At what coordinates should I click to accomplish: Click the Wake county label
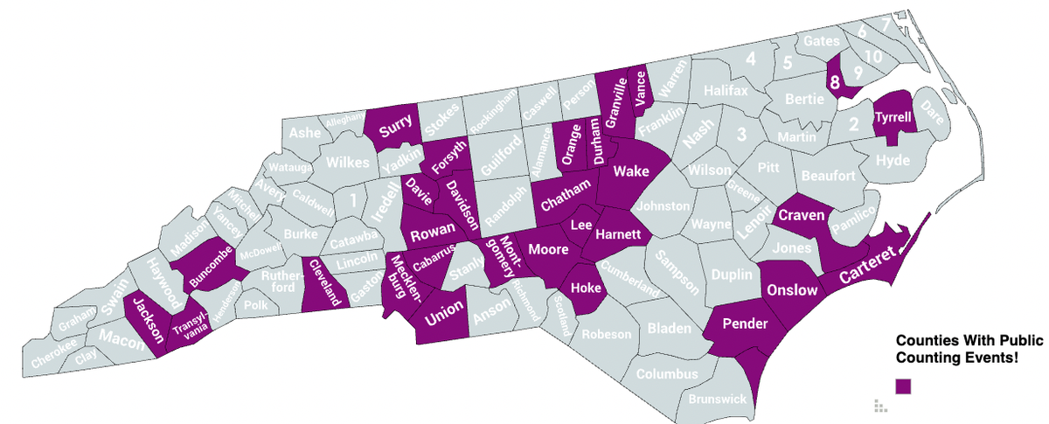tap(630, 172)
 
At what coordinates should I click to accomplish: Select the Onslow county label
tap(791, 290)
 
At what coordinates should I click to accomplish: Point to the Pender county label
tap(744, 324)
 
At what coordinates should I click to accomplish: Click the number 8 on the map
tap(835, 84)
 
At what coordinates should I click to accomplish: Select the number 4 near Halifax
tap(750, 59)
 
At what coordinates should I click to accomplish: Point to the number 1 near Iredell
tap(351, 200)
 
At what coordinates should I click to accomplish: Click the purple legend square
tap(903, 386)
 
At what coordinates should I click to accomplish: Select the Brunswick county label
tap(717, 399)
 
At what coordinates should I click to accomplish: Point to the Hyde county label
tap(892, 161)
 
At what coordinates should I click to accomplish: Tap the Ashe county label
tap(304, 133)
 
